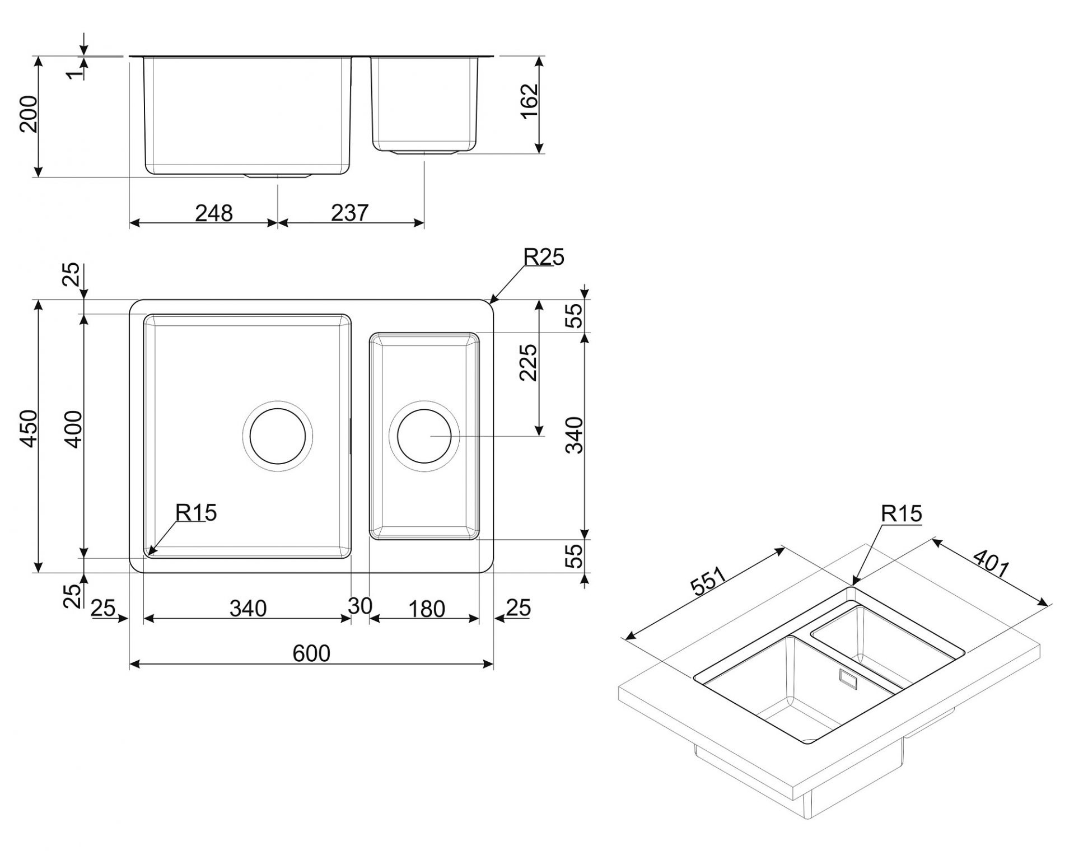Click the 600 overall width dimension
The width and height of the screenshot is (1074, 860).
click(311, 653)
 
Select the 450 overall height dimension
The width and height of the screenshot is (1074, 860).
click(29, 428)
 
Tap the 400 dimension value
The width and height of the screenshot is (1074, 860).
click(73, 429)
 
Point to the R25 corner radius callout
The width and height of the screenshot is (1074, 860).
click(544, 256)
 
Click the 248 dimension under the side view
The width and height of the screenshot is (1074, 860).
click(214, 213)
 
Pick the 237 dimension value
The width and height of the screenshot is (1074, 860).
click(349, 213)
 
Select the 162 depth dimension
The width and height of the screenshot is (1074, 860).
click(529, 101)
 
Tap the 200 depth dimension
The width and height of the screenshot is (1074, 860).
click(29, 114)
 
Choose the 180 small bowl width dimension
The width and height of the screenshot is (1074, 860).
click(427, 609)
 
